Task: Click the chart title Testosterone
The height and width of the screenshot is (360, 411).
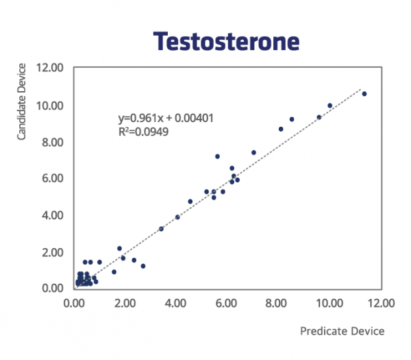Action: [226, 41]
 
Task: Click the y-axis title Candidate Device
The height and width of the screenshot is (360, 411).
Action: [21, 101]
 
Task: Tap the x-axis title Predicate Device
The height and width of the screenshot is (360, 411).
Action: [342, 331]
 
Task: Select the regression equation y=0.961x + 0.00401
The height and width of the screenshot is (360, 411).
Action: [166, 119]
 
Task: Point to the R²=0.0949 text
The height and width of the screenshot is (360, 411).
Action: [143, 132]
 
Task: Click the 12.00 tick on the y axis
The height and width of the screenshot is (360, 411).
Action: [50, 68]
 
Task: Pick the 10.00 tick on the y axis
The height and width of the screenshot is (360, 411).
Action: [50, 106]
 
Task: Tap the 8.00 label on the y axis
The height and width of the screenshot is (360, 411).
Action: [53, 143]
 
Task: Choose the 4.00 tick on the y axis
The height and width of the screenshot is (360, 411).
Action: [53, 215]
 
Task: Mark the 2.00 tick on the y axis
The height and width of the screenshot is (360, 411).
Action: [53, 252]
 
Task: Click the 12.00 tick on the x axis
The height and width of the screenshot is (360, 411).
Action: [381, 303]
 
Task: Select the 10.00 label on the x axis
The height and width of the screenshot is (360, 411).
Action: [329, 303]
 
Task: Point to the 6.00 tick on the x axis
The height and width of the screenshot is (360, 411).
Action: [226, 303]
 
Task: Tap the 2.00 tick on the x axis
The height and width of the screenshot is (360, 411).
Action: [125, 303]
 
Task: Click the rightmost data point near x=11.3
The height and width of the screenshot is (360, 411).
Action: [364, 94]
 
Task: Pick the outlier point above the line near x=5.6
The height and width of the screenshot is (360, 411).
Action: [217, 156]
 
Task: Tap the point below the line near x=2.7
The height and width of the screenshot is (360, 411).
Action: [143, 266]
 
